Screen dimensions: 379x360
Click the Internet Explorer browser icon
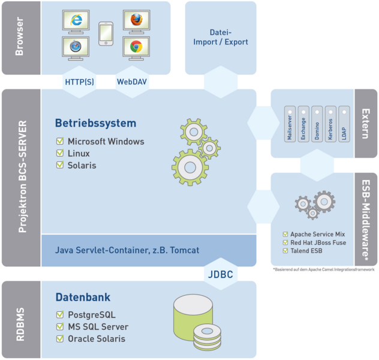76,20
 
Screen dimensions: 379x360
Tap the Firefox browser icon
137,20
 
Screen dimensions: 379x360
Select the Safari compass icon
76,46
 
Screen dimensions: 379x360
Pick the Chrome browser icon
136,46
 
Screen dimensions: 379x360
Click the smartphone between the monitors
106,34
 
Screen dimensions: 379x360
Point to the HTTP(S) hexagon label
80,82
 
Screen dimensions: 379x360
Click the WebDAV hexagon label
132,82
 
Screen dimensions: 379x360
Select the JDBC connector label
221,274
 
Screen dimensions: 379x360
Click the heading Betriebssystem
96,123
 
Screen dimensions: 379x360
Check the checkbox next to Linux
60,153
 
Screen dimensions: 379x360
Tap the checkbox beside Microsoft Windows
60,141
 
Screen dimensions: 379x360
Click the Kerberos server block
330,124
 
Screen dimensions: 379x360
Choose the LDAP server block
344,124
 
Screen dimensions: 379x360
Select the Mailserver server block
290,124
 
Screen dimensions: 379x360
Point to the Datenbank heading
83,297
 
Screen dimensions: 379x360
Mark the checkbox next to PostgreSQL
60,314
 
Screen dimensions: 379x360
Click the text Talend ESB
306,251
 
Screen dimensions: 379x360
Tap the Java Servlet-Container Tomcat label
127,250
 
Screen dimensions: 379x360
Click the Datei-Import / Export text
221,37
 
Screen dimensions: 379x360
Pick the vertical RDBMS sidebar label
20,324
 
